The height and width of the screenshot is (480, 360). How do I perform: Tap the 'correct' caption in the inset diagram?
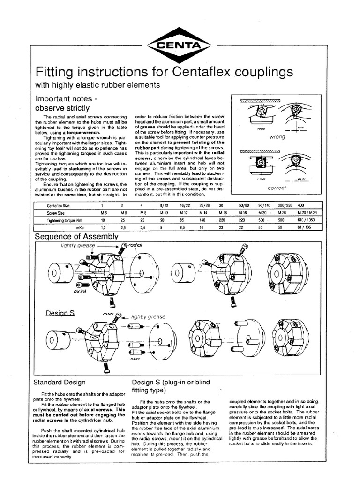point(276,187)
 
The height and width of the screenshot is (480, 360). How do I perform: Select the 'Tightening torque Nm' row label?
point(63,219)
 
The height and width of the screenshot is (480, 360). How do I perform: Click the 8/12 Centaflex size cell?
point(164,205)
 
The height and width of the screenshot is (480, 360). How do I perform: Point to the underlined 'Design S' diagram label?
point(60,312)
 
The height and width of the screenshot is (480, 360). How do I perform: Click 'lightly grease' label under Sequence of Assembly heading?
point(78,245)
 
